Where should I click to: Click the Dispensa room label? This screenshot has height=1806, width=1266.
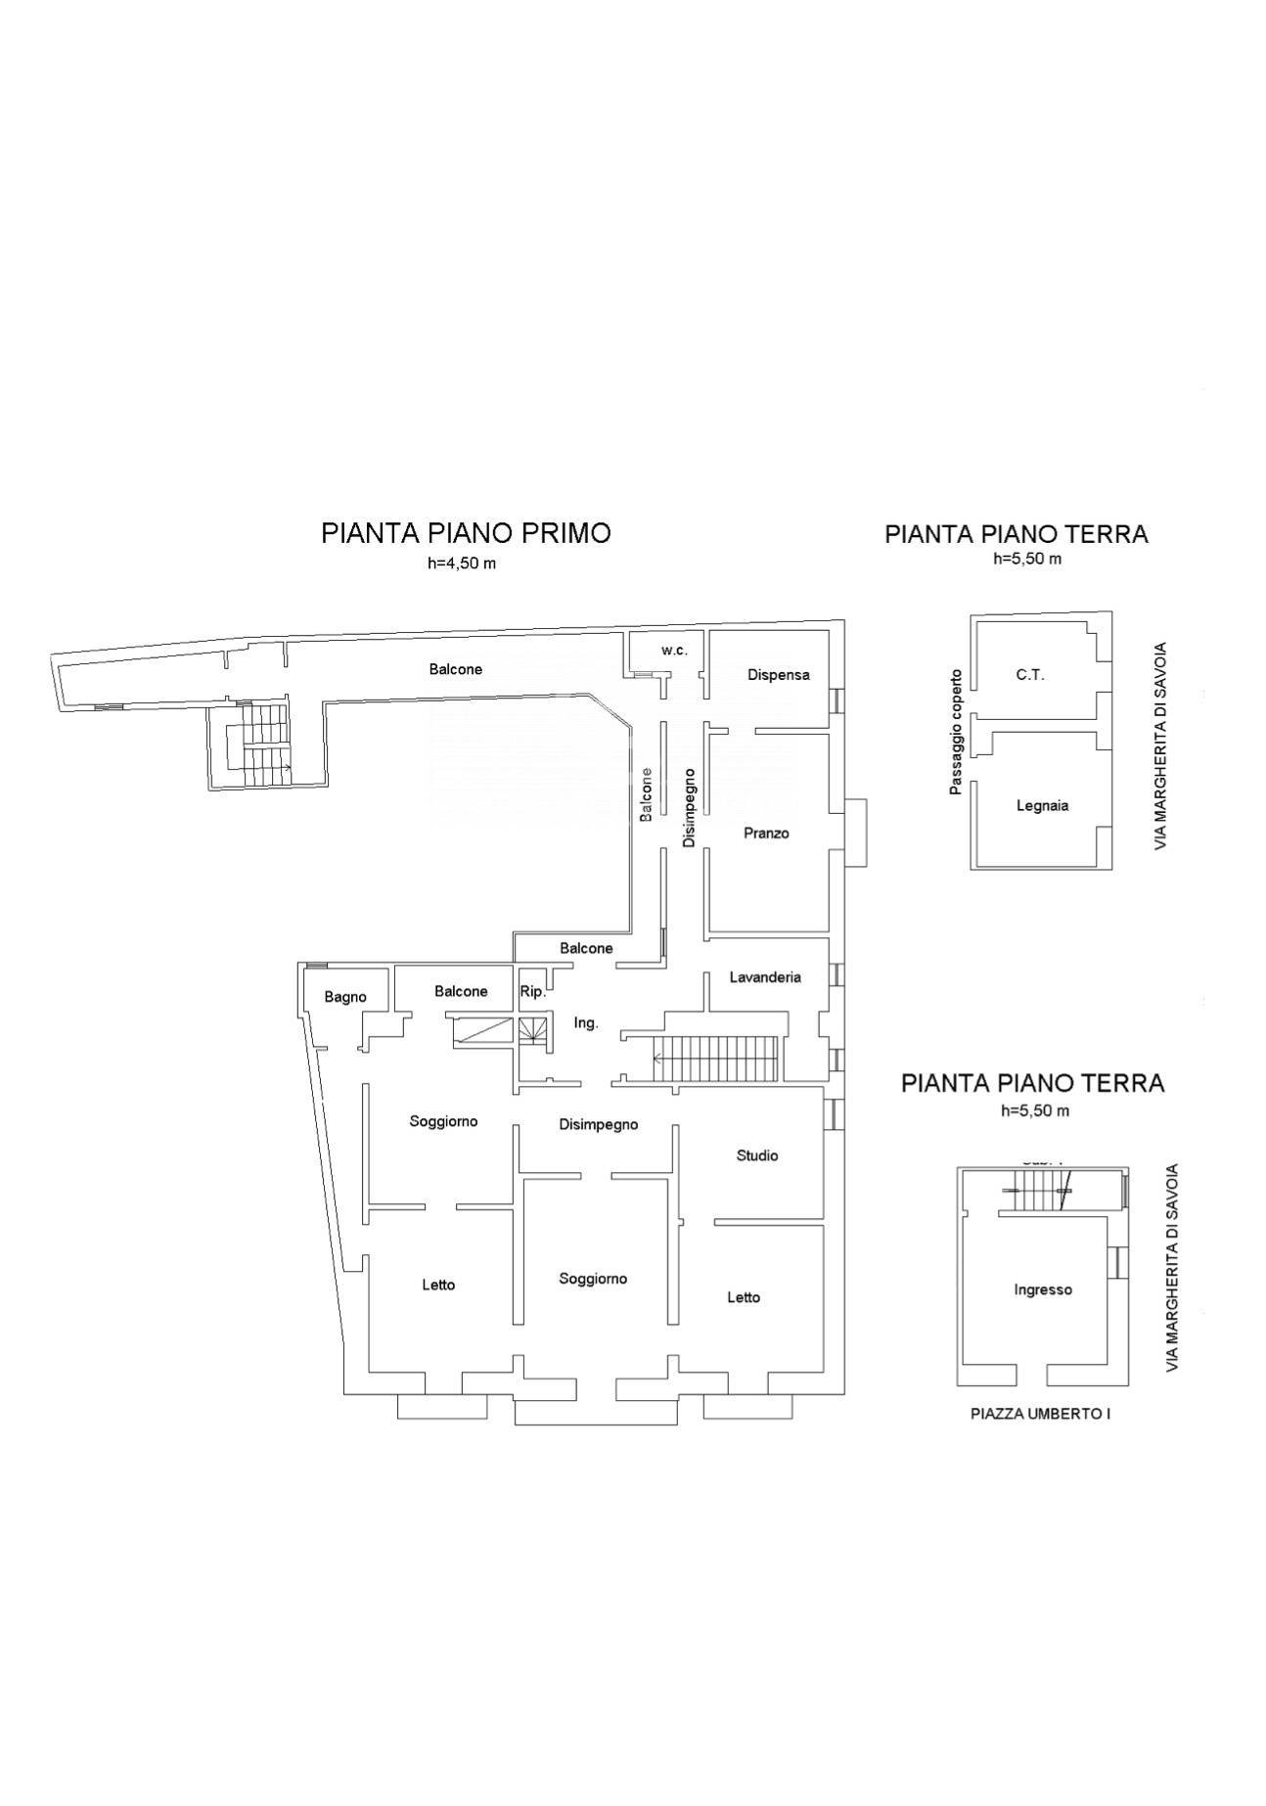778,675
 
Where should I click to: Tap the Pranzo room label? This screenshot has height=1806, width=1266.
766,834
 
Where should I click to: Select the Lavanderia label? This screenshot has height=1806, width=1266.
765,977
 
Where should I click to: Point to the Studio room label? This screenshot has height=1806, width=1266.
757,1155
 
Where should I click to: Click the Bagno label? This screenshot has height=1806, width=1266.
345,997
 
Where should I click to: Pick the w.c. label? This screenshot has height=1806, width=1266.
675,651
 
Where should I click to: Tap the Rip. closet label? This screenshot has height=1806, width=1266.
532,992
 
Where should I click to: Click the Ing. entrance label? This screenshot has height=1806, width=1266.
586,1023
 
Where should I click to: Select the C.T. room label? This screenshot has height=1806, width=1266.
1030,675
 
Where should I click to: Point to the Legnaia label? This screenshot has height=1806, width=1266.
1042,806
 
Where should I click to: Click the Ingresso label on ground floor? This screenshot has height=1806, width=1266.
1043,1290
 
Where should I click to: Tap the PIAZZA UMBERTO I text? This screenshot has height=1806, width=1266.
1040,1414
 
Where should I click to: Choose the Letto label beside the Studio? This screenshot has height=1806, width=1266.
744,1298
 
